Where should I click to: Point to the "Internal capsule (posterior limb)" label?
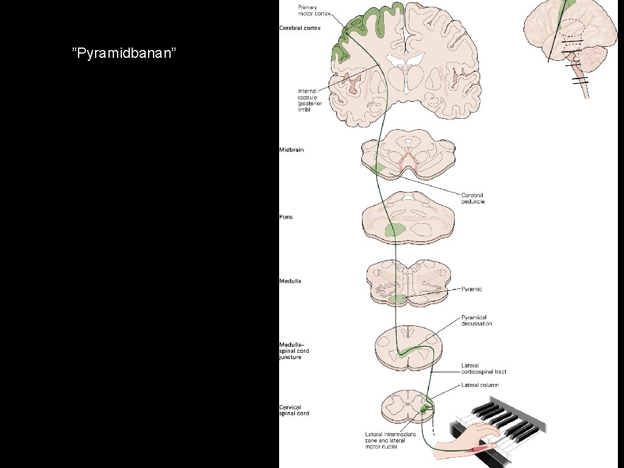pyautogui.click(x=308, y=101)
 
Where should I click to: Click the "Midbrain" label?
pyautogui.click(x=291, y=150)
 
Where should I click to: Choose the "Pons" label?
pyautogui.click(x=286, y=217)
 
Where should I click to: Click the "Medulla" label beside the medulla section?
pyautogui.click(x=290, y=282)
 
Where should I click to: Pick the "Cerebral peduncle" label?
pyautogui.click(x=472, y=199)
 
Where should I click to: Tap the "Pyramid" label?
pyautogui.click(x=472, y=289)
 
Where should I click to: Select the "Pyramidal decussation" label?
pyautogui.click(x=476, y=321)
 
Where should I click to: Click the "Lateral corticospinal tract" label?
pyautogui.click(x=483, y=369)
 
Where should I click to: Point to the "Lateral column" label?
pyautogui.click(x=480, y=385)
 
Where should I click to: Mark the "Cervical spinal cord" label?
pyautogui.click(x=294, y=410)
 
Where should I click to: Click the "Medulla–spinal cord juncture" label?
pyautogui.click(x=290, y=351)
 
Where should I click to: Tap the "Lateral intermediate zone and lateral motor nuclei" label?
pyautogui.click(x=391, y=440)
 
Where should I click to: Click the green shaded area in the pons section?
pyautogui.click(x=395, y=230)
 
